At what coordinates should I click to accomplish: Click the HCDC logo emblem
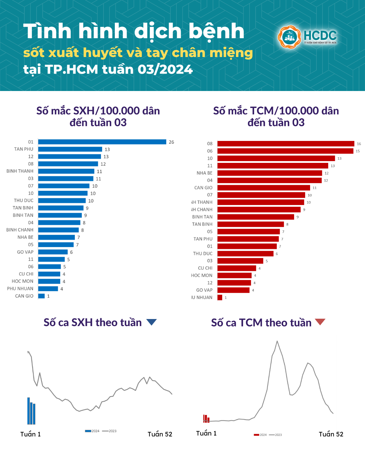[x=290, y=37]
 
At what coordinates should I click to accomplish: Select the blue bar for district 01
[x=102, y=142]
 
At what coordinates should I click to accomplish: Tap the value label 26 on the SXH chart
[x=172, y=142]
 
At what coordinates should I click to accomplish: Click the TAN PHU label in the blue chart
[x=24, y=149]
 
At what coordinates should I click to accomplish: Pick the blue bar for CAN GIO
[x=41, y=296]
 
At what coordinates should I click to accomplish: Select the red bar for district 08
[x=286, y=144]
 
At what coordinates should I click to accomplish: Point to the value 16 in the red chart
[x=359, y=144]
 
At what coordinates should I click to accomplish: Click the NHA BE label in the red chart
[x=204, y=173]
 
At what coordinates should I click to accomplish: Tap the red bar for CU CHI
[x=236, y=268]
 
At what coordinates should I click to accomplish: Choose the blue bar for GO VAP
[x=53, y=252]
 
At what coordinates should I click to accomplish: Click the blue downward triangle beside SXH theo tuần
[x=151, y=322]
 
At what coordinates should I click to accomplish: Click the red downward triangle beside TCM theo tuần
[x=320, y=322]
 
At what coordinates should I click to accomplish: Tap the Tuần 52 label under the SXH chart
[x=160, y=434]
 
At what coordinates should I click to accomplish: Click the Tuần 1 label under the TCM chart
[x=206, y=433]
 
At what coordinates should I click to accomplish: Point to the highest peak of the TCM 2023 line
[x=277, y=341]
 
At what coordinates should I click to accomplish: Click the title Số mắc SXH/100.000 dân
[x=98, y=111]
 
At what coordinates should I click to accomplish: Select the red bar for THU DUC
[x=245, y=254]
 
